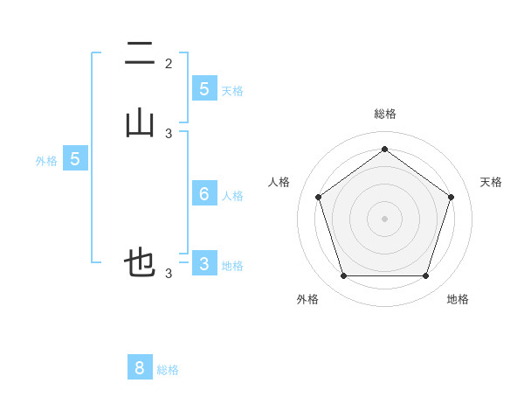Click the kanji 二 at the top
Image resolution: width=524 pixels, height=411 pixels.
(x=140, y=54)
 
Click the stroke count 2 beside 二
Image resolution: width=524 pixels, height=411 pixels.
(x=169, y=64)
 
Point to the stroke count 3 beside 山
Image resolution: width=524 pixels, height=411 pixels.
(x=169, y=134)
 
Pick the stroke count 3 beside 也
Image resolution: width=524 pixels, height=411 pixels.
(x=169, y=274)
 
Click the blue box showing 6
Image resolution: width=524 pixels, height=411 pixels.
(x=204, y=193)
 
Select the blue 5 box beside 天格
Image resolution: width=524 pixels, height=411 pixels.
(x=204, y=88)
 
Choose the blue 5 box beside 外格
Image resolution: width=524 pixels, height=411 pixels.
(x=75, y=158)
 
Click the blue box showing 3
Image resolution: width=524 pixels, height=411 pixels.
(x=204, y=263)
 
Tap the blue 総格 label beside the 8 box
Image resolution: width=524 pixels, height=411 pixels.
(x=168, y=370)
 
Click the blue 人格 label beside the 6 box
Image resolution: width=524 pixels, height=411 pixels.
(x=232, y=196)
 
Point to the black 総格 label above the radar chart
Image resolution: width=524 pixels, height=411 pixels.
(x=384, y=114)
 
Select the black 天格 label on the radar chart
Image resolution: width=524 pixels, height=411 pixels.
(x=491, y=182)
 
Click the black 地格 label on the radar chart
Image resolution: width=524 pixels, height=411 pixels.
(x=458, y=299)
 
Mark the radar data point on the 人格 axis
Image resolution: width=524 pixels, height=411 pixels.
(x=318, y=197)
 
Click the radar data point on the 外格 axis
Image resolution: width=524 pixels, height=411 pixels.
(x=343, y=276)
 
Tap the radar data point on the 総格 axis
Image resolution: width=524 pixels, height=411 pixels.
(x=384, y=149)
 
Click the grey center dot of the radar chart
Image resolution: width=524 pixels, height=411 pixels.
(x=384, y=218)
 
